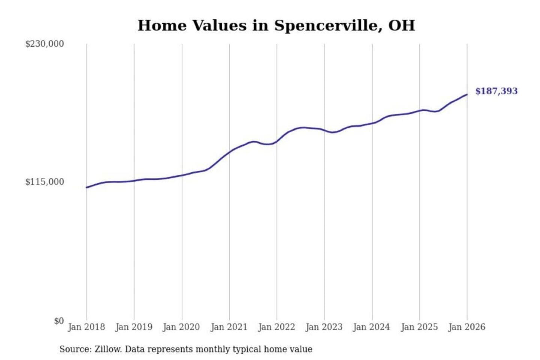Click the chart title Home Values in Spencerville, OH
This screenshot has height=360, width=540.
pyautogui.click(x=276, y=25)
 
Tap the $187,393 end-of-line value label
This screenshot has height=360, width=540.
pyautogui.click(x=496, y=91)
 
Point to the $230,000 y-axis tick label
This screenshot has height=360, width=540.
pyautogui.click(x=45, y=44)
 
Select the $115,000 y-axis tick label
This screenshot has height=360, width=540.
pyautogui.click(x=45, y=182)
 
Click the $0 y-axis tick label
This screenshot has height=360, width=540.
pyautogui.click(x=59, y=321)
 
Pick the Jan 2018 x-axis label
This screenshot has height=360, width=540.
pyautogui.click(x=86, y=327)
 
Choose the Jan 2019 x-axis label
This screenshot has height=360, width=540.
pyautogui.click(x=134, y=327)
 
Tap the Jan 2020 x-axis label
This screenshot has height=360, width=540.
pyautogui.click(x=181, y=327)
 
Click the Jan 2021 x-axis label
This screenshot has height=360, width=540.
pyautogui.click(x=229, y=327)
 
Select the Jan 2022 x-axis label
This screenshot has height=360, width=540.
pyautogui.click(x=277, y=327)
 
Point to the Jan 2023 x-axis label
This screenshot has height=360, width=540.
pyautogui.click(x=324, y=327)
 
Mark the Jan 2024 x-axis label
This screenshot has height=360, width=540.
pyautogui.click(x=372, y=327)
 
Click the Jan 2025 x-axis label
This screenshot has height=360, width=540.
pyautogui.click(x=419, y=327)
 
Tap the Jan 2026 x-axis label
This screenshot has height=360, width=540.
pyautogui.click(x=467, y=327)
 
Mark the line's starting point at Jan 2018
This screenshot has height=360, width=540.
pyautogui.click(x=87, y=187)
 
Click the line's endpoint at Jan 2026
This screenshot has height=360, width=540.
pyautogui.click(x=467, y=94)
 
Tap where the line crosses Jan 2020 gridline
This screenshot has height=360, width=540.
pyautogui.click(x=182, y=175)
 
